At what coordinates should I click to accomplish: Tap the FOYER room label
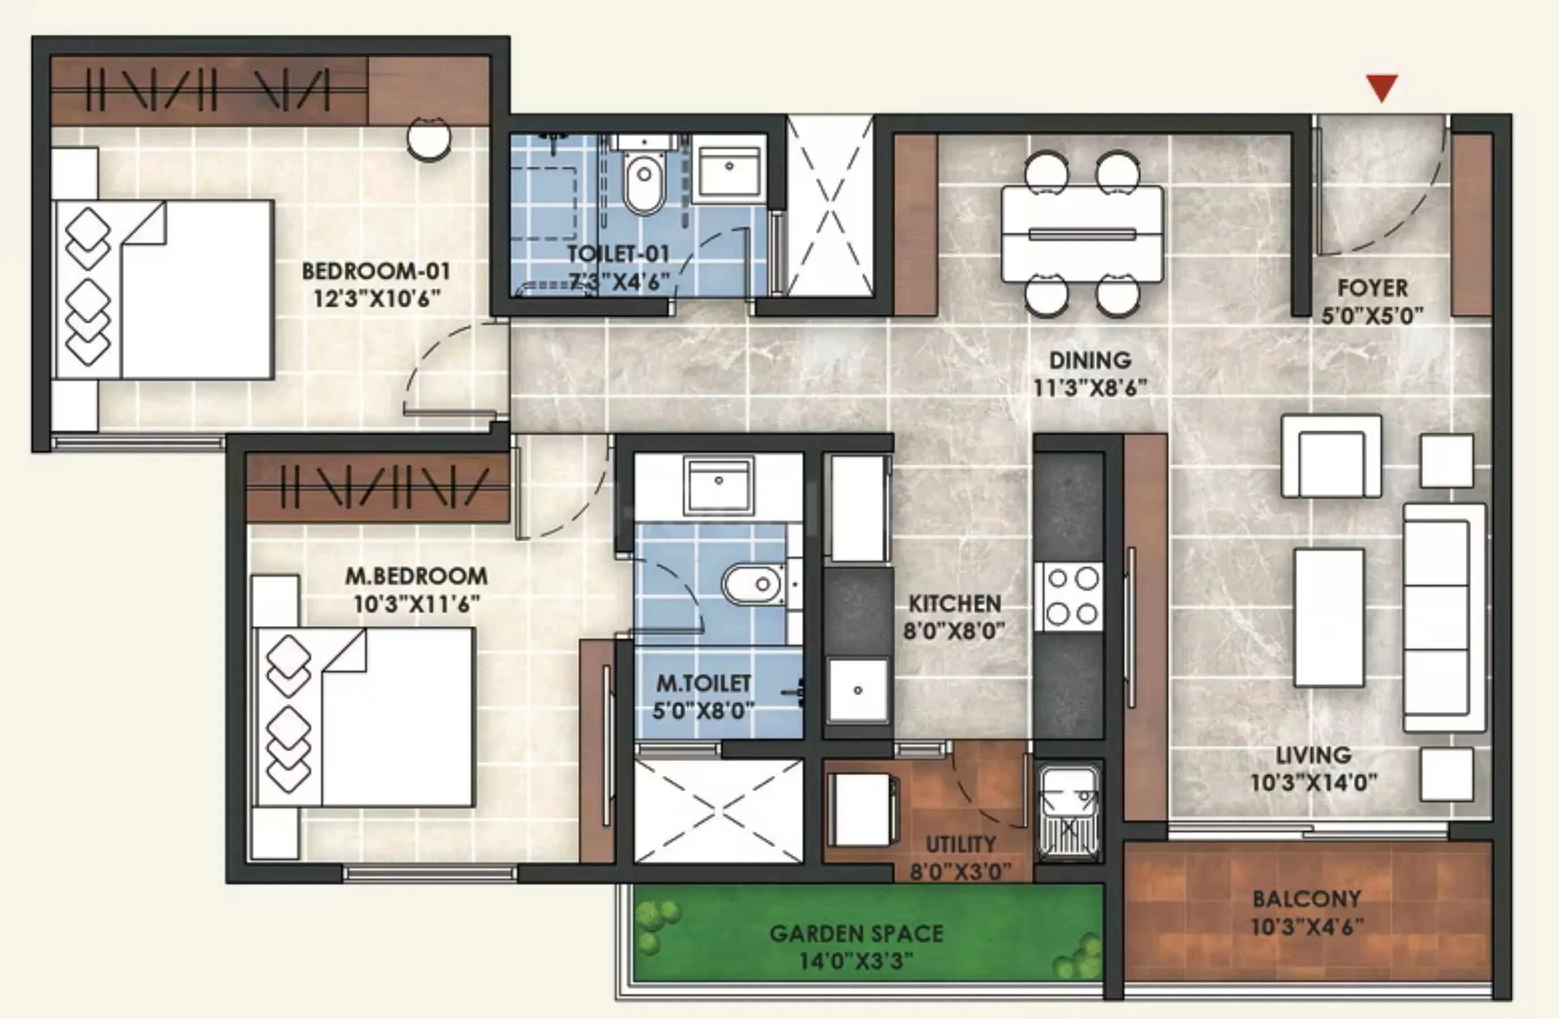coord(1372,288)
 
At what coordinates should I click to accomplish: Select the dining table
coord(1082,234)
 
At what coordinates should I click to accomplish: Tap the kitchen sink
coord(858,690)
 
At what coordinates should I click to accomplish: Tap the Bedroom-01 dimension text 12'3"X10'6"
coord(377,299)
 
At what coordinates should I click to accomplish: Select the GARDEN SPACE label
coord(856,933)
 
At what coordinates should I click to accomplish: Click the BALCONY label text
coord(1307,898)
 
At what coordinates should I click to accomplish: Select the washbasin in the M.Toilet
coord(719,485)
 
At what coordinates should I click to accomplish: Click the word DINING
coord(1090,360)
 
